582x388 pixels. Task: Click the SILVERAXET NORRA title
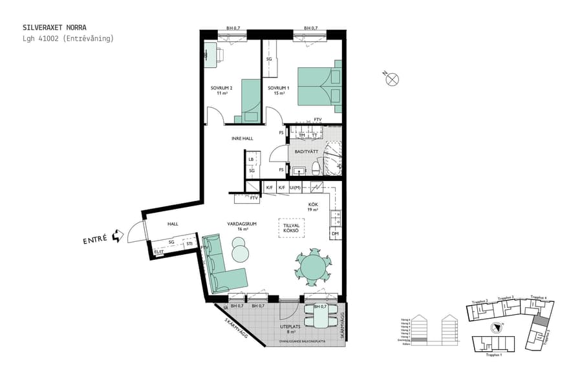click(54, 28)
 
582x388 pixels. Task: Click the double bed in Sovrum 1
click(319, 86)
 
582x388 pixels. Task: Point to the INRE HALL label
click(242, 138)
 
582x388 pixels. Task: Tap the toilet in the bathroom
click(315, 168)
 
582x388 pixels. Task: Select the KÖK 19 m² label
click(313, 206)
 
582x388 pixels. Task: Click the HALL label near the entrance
click(173, 224)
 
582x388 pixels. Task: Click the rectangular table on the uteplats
click(321, 317)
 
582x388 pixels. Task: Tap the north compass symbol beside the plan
click(392, 80)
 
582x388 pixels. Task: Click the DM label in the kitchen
click(335, 233)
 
